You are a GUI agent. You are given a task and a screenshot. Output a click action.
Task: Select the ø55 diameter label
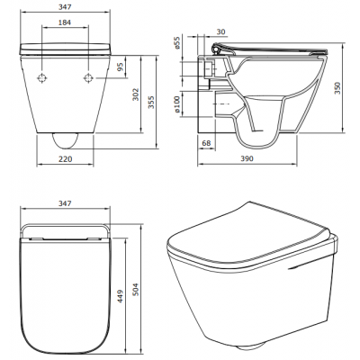coord(177,43)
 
